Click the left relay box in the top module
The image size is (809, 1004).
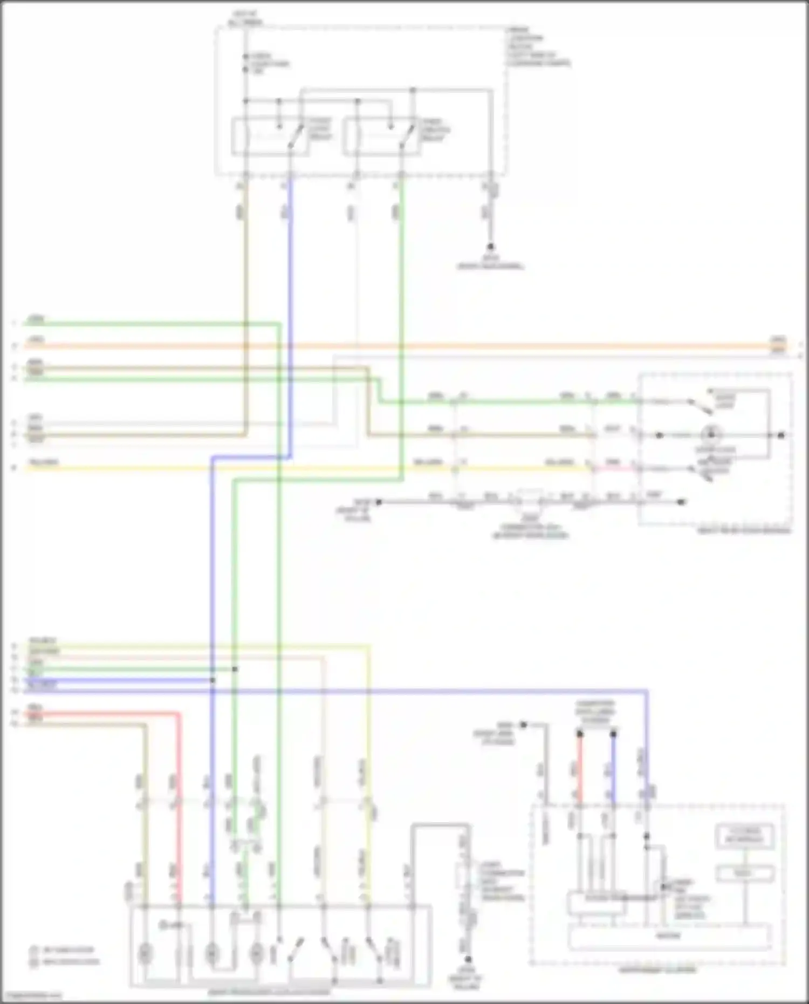270,137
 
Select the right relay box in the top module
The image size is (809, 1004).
382,137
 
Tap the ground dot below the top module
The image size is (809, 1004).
490,246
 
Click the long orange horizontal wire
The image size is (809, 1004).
485,346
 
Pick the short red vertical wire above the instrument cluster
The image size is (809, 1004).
580,769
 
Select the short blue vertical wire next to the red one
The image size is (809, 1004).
613,769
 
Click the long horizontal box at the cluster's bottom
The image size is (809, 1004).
669,936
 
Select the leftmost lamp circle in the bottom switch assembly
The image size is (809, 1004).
144,954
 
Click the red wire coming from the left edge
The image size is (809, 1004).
108,714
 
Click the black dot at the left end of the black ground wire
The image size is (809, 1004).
379,502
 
